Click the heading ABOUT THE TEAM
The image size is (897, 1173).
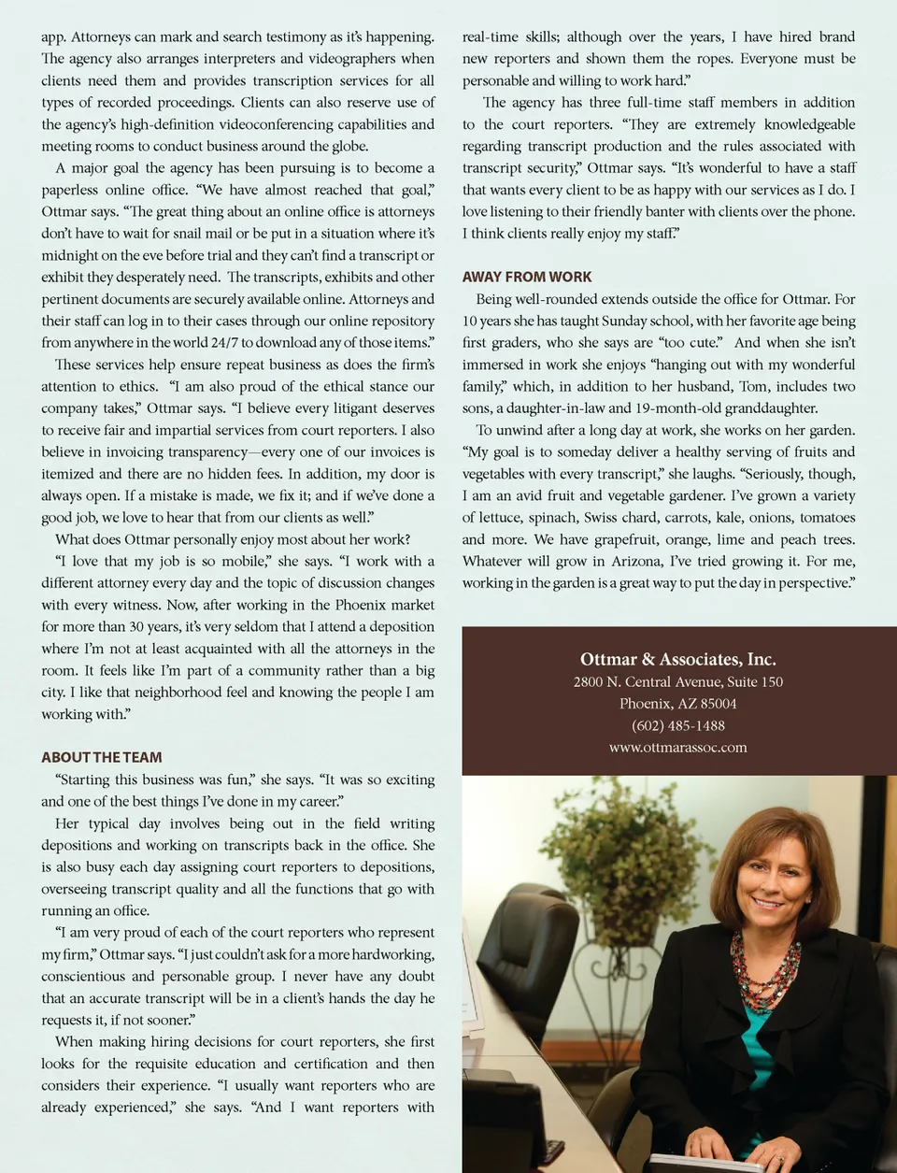click(x=102, y=757)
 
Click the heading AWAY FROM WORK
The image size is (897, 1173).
click(x=527, y=277)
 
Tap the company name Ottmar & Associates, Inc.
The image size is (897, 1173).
click(x=677, y=659)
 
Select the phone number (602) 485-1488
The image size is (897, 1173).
click(x=677, y=725)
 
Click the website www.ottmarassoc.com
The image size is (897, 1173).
click(x=677, y=747)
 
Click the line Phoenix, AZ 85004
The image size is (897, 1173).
click(x=677, y=704)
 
